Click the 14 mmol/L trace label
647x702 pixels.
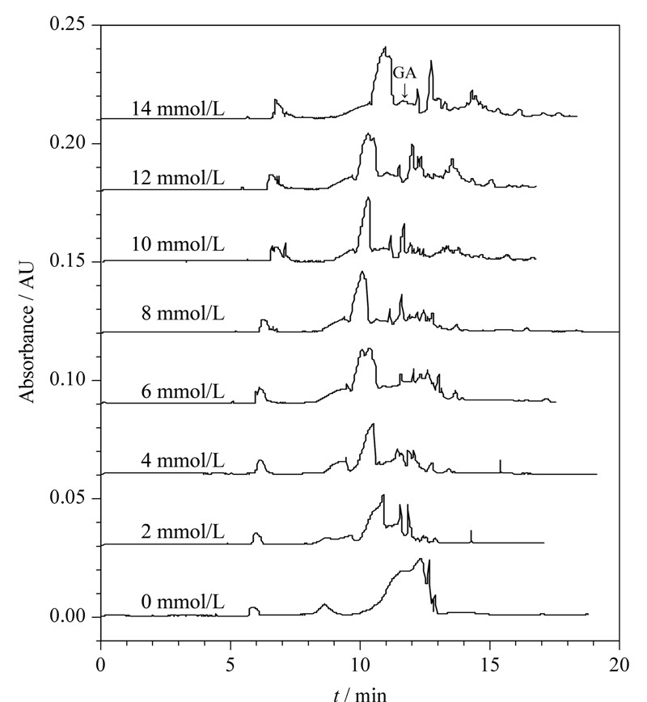[178, 109]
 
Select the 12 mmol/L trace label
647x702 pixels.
[178, 178]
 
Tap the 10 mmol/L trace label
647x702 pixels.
[178, 244]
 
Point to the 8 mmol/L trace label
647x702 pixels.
[183, 313]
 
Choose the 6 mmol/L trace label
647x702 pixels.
[183, 391]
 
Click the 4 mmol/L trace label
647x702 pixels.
[183, 460]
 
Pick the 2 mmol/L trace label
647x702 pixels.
[183, 532]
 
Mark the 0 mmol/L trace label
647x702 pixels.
[183, 603]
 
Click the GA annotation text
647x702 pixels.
[404, 73]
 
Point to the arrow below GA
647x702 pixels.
[404, 91]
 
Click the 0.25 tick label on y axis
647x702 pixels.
[67, 24]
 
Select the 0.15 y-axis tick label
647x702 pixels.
[67, 261]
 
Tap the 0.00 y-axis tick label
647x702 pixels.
[67, 616]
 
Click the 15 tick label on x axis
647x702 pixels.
[490, 665]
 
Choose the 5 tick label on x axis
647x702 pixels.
[230, 665]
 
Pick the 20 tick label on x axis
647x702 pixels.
[620, 665]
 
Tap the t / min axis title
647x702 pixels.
[360, 695]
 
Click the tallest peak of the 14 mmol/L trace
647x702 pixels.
[385, 47]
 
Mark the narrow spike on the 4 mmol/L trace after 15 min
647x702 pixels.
[500, 466]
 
